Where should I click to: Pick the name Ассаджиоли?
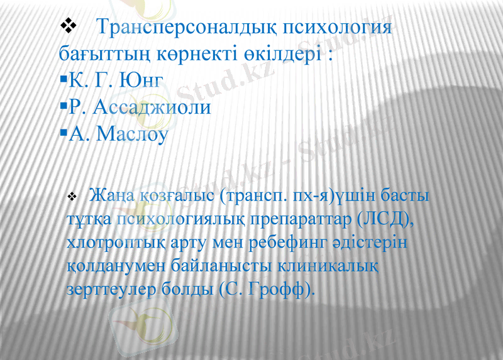152,107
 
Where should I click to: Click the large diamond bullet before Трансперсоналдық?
67,26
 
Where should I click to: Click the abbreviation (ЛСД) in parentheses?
384,219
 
